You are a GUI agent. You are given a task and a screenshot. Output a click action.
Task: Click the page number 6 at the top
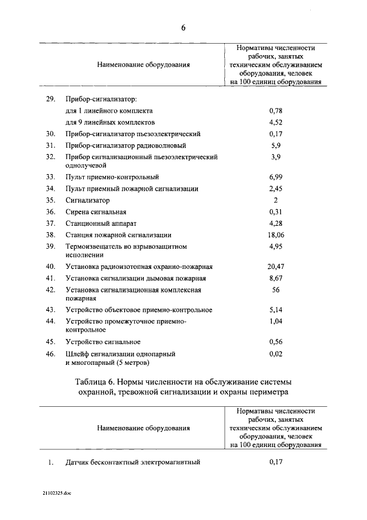pyautogui.click(x=184, y=27)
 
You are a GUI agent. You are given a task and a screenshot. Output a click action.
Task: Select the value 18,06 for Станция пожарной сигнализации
pyautogui.click(x=276, y=235)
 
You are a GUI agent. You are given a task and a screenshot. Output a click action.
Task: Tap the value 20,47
pyautogui.click(x=276, y=267)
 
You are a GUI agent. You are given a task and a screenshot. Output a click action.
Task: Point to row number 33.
pyautogui.click(x=50, y=176)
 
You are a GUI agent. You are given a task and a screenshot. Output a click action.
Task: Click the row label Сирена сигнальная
pyautogui.click(x=96, y=212)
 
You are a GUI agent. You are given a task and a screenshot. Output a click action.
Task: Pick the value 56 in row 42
pyautogui.click(x=276, y=290)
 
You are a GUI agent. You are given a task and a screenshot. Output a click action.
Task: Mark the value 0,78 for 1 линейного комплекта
pyautogui.click(x=276, y=110)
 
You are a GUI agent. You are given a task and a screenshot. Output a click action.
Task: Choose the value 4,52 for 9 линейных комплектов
pyautogui.click(x=276, y=122)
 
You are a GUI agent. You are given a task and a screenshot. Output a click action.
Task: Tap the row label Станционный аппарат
pyautogui.click(x=101, y=223)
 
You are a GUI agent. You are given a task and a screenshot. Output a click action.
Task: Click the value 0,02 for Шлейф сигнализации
pyautogui.click(x=276, y=354)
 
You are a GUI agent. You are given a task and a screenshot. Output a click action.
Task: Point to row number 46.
pyautogui.click(x=50, y=354)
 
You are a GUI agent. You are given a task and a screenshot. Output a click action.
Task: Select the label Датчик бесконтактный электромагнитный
pyautogui.click(x=132, y=462)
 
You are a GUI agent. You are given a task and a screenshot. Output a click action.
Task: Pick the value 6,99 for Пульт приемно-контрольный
pyautogui.click(x=276, y=176)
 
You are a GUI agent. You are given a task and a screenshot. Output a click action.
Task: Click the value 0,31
pyautogui.click(x=276, y=212)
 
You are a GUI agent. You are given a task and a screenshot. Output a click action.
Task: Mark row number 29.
pyautogui.click(x=50, y=99)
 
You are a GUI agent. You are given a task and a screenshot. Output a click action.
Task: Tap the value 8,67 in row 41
pyautogui.click(x=276, y=278)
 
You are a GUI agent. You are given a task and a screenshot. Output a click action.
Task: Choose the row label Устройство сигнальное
pyautogui.click(x=103, y=342)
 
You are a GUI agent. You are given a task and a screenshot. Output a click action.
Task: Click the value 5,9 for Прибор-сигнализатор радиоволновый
pyautogui.click(x=276, y=145)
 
